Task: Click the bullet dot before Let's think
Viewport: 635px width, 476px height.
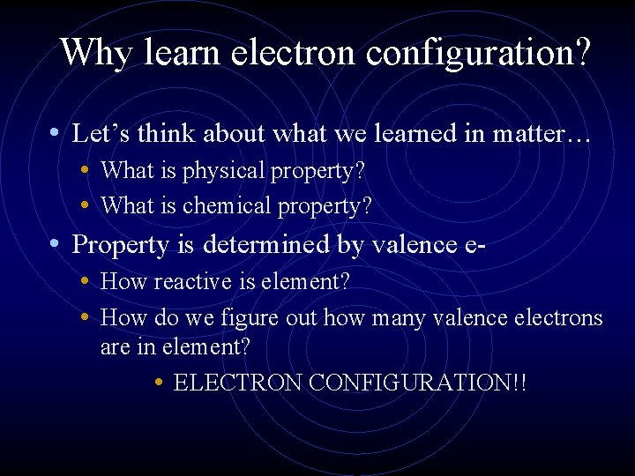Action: click(55, 132)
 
